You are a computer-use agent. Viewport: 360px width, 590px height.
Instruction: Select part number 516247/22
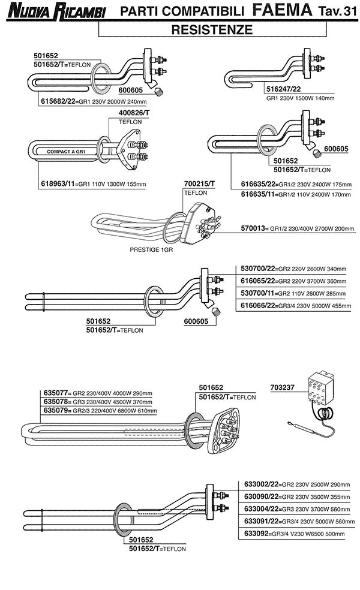pos(283,88)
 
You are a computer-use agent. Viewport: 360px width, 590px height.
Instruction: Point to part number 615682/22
pos(58,101)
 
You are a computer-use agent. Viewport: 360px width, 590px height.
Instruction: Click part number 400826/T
pos(134,113)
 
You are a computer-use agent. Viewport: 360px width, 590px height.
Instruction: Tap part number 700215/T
pos(199,184)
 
